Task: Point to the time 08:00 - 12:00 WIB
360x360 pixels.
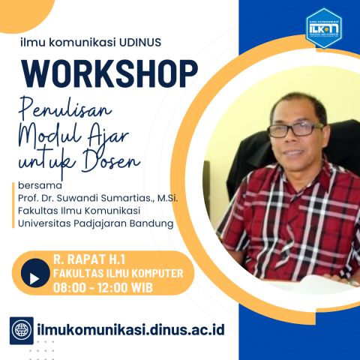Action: pos(100,287)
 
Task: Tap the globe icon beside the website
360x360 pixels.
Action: pos(23,328)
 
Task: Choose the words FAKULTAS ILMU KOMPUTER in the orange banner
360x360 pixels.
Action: pos(118,273)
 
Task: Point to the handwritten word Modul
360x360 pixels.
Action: pos(52,135)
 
